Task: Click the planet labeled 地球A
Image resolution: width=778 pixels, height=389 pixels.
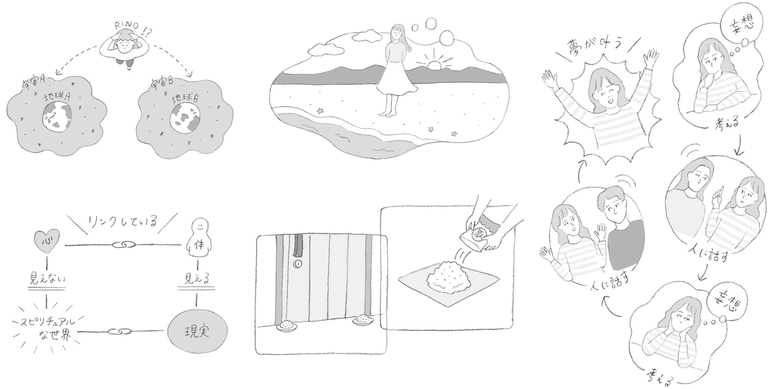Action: [x=57, y=116]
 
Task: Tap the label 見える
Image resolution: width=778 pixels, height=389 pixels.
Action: [x=197, y=278]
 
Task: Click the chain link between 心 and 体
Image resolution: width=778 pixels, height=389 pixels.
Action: [x=123, y=244]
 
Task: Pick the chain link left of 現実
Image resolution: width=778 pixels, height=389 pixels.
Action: [x=120, y=332]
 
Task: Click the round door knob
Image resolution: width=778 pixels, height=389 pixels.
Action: [x=297, y=264]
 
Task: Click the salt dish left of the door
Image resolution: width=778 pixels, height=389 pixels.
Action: [x=285, y=326]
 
